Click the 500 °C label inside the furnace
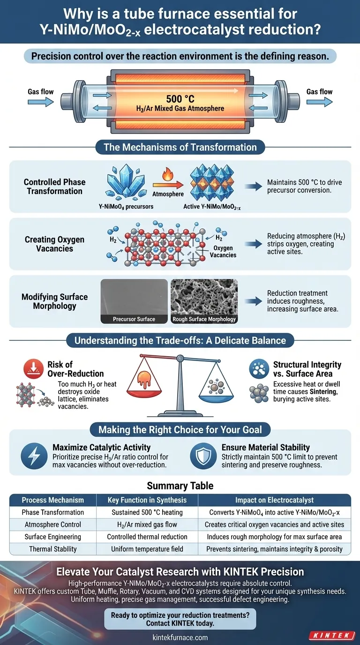click(x=180, y=99)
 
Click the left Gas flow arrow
click(x=41, y=102)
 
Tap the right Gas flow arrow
click(x=319, y=102)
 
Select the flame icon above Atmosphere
click(x=167, y=174)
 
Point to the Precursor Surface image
click(x=134, y=301)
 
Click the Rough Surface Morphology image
click(x=204, y=301)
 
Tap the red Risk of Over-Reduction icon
click(x=33, y=368)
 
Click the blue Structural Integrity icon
click(x=259, y=368)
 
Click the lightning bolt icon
click(x=34, y=456)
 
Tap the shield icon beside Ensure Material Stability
click(x=203, y=456)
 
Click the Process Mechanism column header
click(x=53, y=500)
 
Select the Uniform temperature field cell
click(x=147, y=549)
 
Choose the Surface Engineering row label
click(x=53, y=537)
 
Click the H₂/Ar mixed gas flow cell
click(x=147, y=525)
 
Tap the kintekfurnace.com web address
click(x=180, y=637)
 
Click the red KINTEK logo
click(x=332, y=635)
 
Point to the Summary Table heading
click(x=180, y=486)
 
